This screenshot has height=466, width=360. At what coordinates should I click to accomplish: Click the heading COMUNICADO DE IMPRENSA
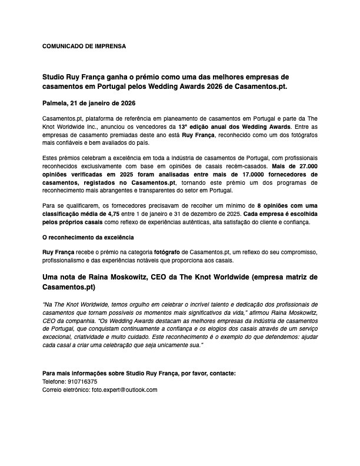[84, 45]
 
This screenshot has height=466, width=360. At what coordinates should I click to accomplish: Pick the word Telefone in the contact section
[55, 381]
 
